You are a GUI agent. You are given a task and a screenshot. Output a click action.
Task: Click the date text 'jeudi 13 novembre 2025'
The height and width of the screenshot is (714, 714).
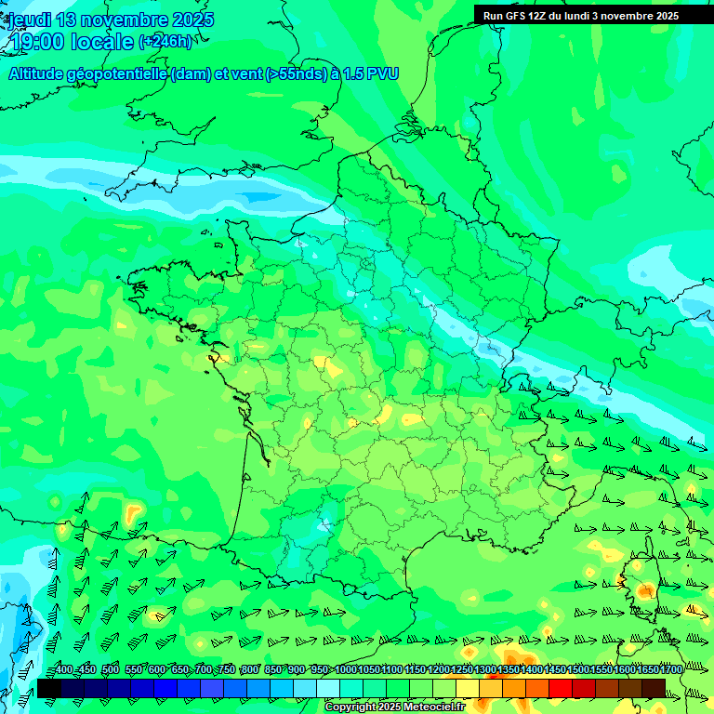click(x=110, y=20)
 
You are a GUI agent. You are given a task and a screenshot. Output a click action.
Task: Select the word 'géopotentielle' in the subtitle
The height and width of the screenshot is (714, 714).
click(x=118, y=74)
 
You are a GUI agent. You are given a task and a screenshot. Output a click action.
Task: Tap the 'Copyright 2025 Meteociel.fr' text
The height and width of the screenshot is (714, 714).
click(x=395, y=707)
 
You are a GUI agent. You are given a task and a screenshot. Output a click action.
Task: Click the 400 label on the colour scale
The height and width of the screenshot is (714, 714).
click(x=63, y=670)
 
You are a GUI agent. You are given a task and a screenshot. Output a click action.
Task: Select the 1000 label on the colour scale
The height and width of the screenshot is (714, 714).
click(x=345, y=670)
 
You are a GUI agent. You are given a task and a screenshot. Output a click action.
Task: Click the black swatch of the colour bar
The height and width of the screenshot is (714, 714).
click(x=49, y=688)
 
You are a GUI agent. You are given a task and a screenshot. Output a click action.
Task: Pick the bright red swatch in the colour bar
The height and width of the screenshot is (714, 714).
click(x=561, y=688)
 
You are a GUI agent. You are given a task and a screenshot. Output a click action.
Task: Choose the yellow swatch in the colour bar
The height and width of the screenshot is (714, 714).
click(x=468, y=688)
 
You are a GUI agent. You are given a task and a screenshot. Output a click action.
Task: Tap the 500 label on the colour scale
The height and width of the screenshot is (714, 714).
click(x=110, y=670)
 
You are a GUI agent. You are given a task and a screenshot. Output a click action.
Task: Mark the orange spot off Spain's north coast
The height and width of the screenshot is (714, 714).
click(x=134, y=513)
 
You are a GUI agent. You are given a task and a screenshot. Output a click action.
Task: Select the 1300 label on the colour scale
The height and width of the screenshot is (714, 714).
click(x=485, y=670)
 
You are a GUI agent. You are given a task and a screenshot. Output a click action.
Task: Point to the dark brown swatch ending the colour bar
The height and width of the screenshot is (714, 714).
click(x=654, y=688)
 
